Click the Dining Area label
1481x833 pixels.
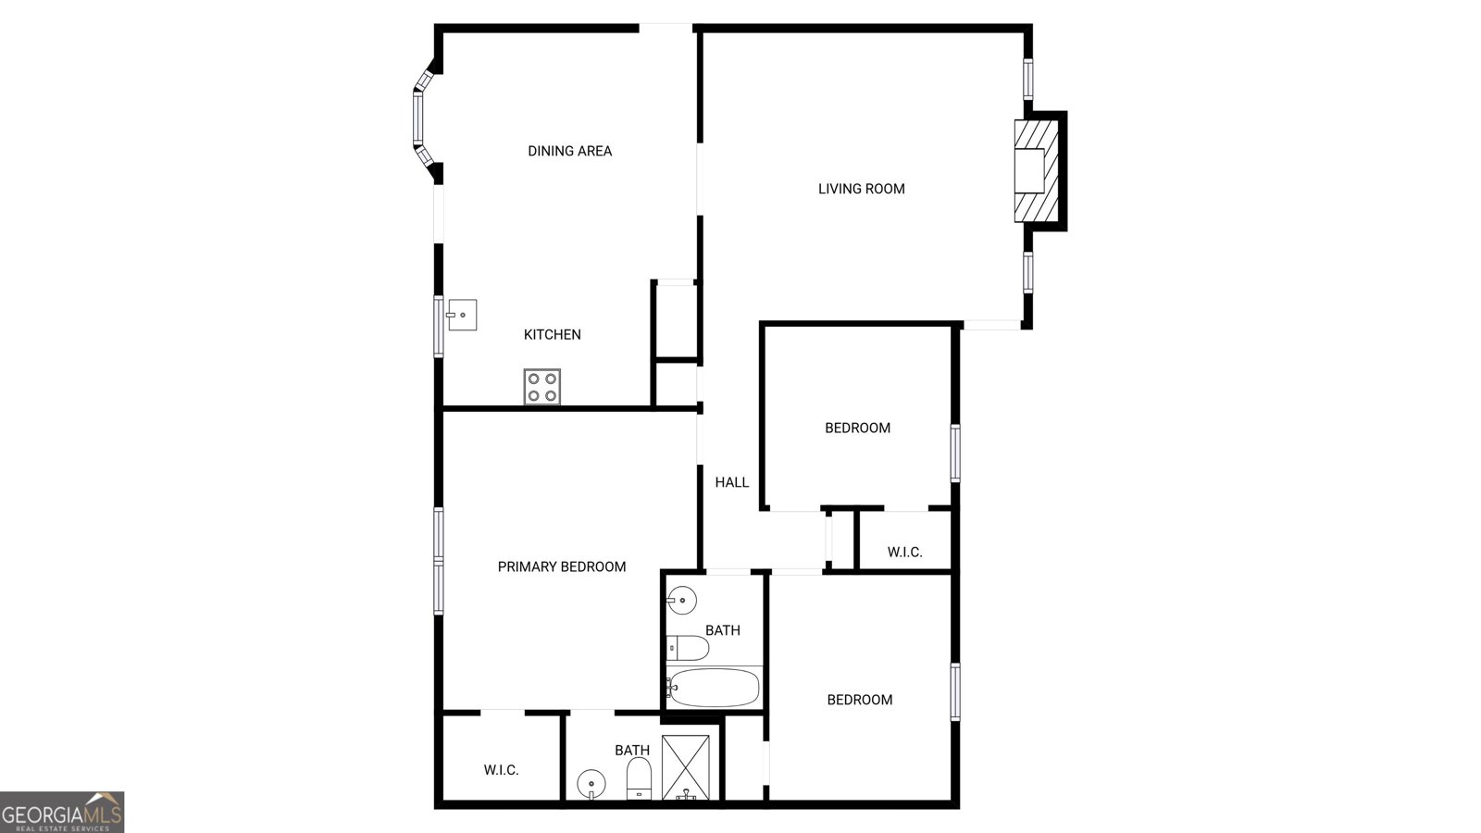569,152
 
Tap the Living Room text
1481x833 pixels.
862,189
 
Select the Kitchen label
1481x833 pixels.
552,335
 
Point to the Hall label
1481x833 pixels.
732,482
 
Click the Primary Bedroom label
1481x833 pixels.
561,567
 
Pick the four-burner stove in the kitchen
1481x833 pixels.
542,387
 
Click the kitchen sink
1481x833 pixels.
462,315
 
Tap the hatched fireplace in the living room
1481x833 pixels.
1037,170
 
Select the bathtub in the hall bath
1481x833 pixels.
713,688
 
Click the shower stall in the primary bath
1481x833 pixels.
686,767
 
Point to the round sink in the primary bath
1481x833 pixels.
591,785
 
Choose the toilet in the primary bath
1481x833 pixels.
639,778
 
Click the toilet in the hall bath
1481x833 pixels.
687,648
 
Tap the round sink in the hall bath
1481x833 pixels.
681,601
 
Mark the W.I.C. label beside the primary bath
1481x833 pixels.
501,770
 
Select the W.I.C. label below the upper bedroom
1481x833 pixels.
904,552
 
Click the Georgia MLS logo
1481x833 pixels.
61,813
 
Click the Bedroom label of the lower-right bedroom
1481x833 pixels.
860,700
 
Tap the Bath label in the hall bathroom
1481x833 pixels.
723,630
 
